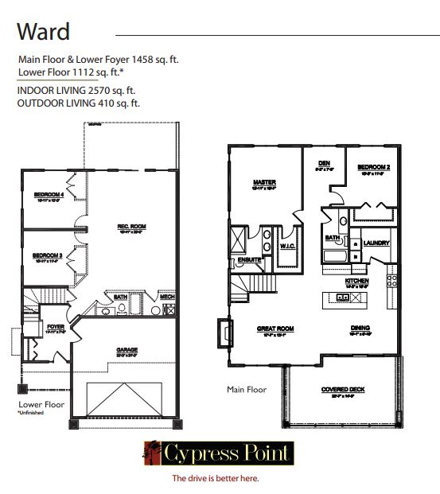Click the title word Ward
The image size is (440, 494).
pyautogui.click(x=44, y=33)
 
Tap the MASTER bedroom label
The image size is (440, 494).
pyautogui.click(x=264, y=181)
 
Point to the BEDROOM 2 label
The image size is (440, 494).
pyautogui.click(x=372, y=167)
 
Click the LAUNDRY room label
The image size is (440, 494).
pyautogui.click(x=374, y=243)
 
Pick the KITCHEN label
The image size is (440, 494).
pyautogui.click(x=356, y=282)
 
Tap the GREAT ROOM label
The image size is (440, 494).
pyautogui.click(x=275, y=328)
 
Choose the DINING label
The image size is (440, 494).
pyautogui.click(x=360, y=328)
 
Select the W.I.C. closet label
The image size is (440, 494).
pyautogui.click(x=287, y=247)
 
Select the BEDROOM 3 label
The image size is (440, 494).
pyautogui.click(x=48, y=256)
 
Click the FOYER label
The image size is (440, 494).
pyautogui.click(x=55, y=326)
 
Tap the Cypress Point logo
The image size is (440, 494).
pyautogui.click(x=218, y=455)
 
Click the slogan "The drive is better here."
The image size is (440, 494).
pyautogui.click(x=216, y=478)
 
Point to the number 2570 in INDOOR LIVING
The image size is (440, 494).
pyautogui.click(x=99, y=91)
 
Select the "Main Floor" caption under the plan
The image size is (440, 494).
pyautogui.click(x=247, y=390)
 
